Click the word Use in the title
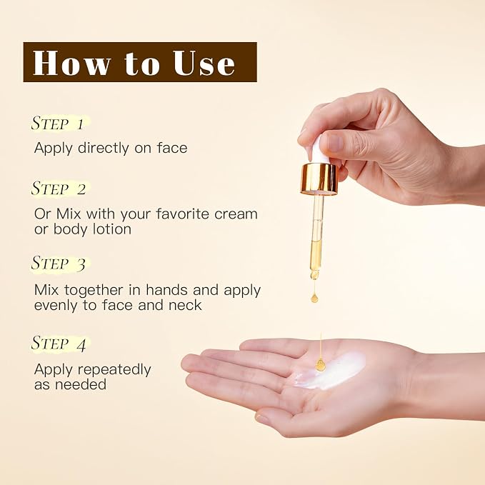[x=204, y=63]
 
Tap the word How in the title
[x=71, y=62]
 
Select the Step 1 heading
[x=58, y=123]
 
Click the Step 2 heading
[x=59, y=189]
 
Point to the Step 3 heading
[x=59, y=264]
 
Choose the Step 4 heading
[x=59, y=344]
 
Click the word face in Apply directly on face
[x=172, y=148]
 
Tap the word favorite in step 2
[x=183, y=214]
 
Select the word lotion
[x=112, y=229]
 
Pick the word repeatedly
[x=114, y=370]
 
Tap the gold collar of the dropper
[x=319, y=179]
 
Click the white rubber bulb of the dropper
[x=319, y=150]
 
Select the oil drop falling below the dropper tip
[x=314, y=298]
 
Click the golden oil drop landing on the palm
[x=320, y=364]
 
